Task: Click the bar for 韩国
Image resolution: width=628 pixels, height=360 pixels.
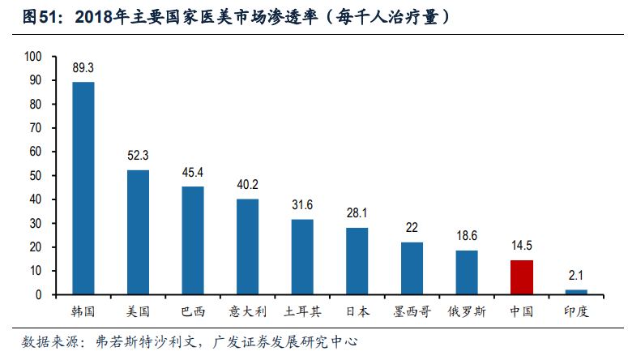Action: click(x=83, y=188)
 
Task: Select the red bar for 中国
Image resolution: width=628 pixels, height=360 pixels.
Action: click(x=521, y=277)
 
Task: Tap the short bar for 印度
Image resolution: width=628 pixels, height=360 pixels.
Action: click(x=576, y=292)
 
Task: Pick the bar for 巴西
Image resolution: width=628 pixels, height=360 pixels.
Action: click(x=193, y=240)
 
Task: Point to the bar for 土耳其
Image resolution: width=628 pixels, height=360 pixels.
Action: click(x=302, y=257)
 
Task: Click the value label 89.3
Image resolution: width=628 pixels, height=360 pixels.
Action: click(x=83, y=70)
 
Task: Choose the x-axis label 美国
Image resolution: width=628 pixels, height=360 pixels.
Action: click(x=138, y=311)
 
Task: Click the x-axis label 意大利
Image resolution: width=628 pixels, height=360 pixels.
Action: click(x=247, y=311)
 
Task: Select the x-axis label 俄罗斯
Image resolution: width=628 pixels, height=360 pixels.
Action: click(x=466, y=311)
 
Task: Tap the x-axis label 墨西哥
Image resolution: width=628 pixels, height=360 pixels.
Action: click(x=412, y=311)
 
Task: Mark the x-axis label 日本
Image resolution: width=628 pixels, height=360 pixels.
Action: click(x=357, y=311)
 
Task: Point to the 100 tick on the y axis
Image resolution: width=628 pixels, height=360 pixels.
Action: click(x=33, y=57)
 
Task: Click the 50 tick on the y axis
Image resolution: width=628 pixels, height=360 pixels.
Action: click(x=36, y=176)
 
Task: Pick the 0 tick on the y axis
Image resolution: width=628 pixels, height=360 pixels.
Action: click(x=38, y=295)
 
